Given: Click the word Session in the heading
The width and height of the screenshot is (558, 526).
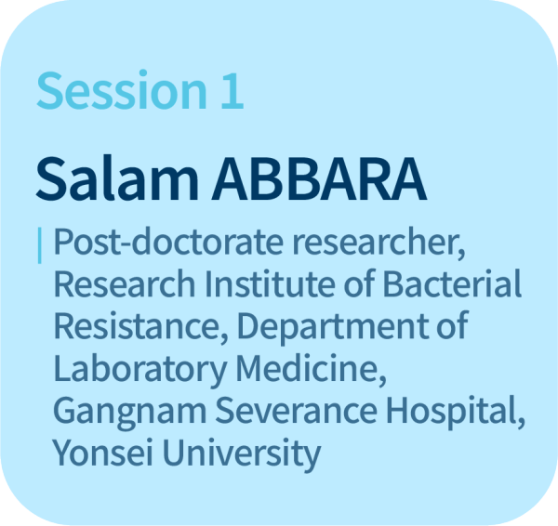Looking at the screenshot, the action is pos(122,89).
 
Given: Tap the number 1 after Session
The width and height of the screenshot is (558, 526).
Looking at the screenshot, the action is pos(232,90).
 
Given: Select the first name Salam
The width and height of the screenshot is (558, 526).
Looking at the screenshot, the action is pos(117,178).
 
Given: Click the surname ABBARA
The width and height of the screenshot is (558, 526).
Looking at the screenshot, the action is pos(319,179).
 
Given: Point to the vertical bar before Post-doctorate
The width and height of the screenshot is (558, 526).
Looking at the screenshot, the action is pos(39,245).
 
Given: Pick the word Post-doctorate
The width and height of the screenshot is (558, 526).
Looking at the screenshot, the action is pos(168,242).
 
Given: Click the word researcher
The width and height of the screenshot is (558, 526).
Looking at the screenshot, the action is pos(379,243).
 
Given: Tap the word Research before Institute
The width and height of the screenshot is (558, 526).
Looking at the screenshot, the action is pos(125,283).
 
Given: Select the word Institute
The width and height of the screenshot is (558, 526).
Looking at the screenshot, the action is pos(270,283).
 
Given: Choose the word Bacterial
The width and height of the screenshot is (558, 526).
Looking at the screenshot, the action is pos(452,283).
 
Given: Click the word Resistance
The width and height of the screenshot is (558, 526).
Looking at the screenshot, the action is pos(141,326).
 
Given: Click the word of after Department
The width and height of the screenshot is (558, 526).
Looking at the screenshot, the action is pos(452,324).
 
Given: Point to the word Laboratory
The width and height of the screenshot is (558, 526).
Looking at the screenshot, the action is pos(140,369).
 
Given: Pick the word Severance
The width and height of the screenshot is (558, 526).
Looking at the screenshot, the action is pos(297,411).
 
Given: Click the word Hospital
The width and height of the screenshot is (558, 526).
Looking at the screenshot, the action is pos(456,411).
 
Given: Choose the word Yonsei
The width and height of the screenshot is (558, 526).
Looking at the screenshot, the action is pos(103,453).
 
